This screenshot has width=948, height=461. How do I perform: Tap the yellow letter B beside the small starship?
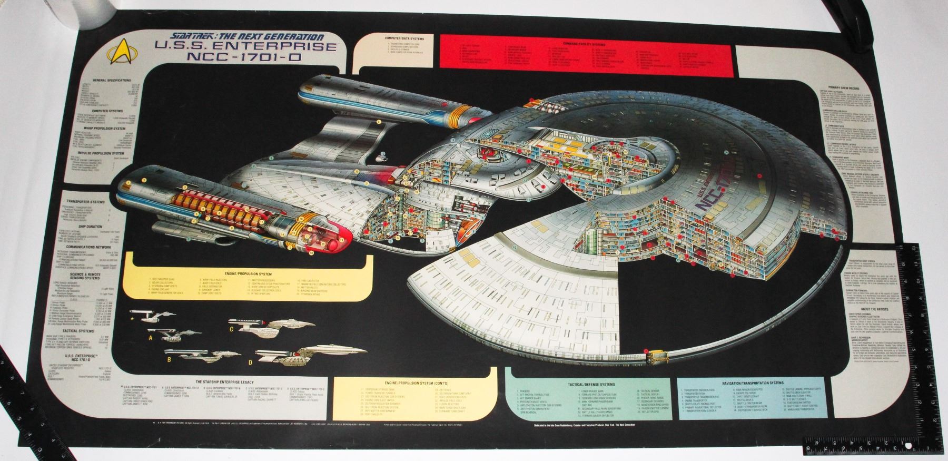(x=169, y=360)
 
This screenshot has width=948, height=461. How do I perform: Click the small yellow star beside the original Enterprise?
(x=132, y=318)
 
